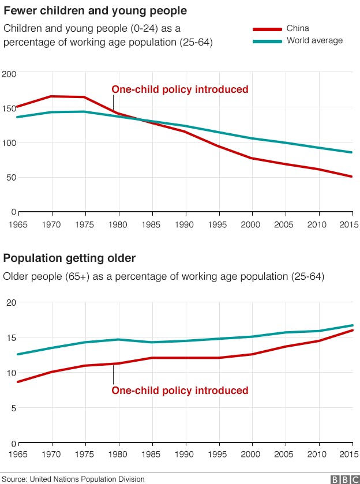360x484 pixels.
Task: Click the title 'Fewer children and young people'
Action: (x=95, y=11)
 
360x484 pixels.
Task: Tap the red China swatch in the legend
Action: (x=267, y=29)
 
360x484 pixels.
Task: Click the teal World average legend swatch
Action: (x=267, y=41)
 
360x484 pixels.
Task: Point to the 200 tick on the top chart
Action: (x=9, y=74)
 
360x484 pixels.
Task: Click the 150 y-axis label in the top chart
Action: (x=9, y=108)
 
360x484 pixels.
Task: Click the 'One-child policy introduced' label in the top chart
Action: (x=179, y=89)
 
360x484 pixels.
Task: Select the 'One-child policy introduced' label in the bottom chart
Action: (x=179, y=391)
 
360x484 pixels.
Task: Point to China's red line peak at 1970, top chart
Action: (x=52, y=96)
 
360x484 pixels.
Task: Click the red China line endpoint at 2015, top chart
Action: (x=352, y=177)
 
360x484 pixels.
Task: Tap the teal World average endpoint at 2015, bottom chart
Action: (x=352, y=325)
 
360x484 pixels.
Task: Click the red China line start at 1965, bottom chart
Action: (x=18, y=382)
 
